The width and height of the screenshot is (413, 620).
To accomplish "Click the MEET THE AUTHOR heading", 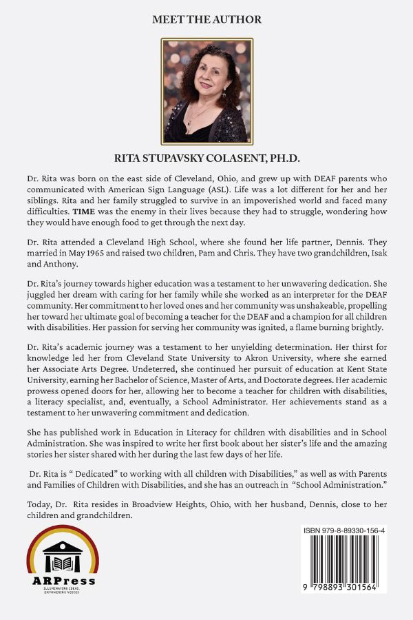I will (206, 20).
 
